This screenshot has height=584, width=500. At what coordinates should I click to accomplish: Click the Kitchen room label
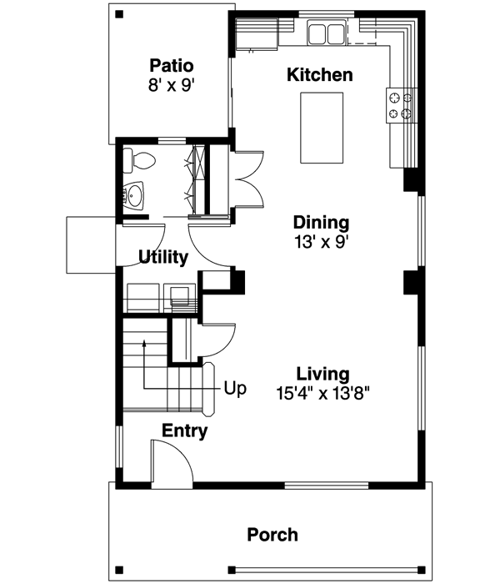[319, 75]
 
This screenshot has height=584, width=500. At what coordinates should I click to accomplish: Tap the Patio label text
[172, 65]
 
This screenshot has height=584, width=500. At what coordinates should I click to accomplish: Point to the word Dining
[320, 223]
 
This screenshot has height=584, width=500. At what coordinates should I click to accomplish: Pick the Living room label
[322, 374]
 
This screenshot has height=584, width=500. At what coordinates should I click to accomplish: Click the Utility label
[162, 258]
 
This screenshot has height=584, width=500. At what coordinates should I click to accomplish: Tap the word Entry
[184, 431]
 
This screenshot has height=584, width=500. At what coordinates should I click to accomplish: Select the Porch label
[272, 535]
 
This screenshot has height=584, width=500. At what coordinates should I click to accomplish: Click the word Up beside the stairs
[234, 389]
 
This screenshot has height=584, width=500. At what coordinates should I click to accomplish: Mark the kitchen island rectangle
[322, 128]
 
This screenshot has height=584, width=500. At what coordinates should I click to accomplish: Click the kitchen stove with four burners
[400, 104]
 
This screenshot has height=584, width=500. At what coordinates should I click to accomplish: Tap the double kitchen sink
[327, 34]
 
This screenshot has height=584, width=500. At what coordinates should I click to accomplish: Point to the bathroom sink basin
[134, 195]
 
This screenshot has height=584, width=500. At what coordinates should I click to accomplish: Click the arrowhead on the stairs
[145, 341]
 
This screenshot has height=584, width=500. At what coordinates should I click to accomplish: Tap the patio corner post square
[119, 14]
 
